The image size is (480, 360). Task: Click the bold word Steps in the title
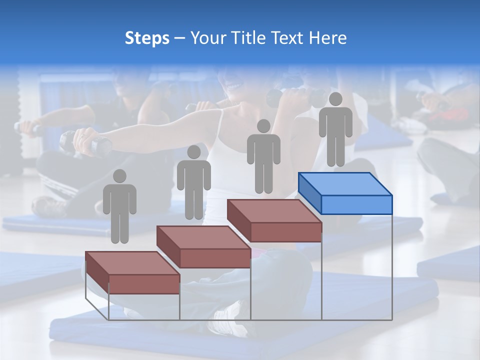pyautogui.click(x=147, y=38)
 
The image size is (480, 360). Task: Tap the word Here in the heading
pyautogui.click(x=328, y=38)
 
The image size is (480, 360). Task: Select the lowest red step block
pyautogui.click(x=132, y=273)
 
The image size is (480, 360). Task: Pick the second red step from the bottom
pyautogui.click(x=203, y=246)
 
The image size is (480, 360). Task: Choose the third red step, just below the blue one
pyautogui.click(x=274, y=220)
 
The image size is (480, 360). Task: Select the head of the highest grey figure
pyautogui.click(x=335, y=99)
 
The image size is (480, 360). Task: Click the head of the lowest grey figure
pyautogui.click(x=119, y=176)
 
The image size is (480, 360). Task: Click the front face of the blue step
pyautogui.click(x=356, y=204)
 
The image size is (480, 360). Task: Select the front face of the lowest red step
pyautogui.click(x=144, y=284)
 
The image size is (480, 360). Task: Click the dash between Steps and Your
pyautogui.click(x=180, y=38)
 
